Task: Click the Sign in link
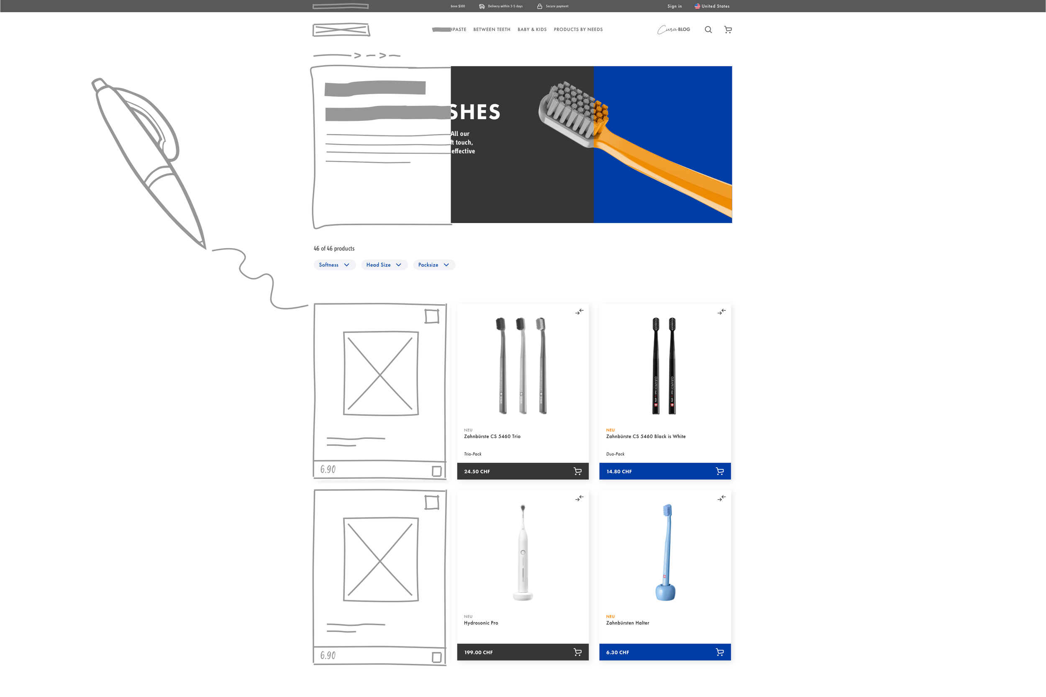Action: pos(674,6)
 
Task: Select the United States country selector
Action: pos(712,6)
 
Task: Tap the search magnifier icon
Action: pos(708,30)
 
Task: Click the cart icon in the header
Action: pos(728,30)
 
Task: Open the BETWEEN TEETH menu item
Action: pos(492,30)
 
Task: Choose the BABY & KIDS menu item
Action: pos(532,30)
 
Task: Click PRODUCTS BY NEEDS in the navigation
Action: pos(578,30)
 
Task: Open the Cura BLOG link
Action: pos(674,30)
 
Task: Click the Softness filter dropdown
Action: pos(334,265)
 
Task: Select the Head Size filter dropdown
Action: pos(384,265)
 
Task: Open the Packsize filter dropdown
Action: pos(433,265)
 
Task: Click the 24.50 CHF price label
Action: pos(477,471)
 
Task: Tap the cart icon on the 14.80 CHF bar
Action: pos(719,471)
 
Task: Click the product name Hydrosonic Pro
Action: pos(481,623)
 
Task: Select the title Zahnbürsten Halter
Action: pos(627,623)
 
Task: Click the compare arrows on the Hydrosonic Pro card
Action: pos(579,499)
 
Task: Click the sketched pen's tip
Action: pos(204,247)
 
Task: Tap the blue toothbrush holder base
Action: pos(665,592)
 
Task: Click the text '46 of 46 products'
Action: pos(334,249)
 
